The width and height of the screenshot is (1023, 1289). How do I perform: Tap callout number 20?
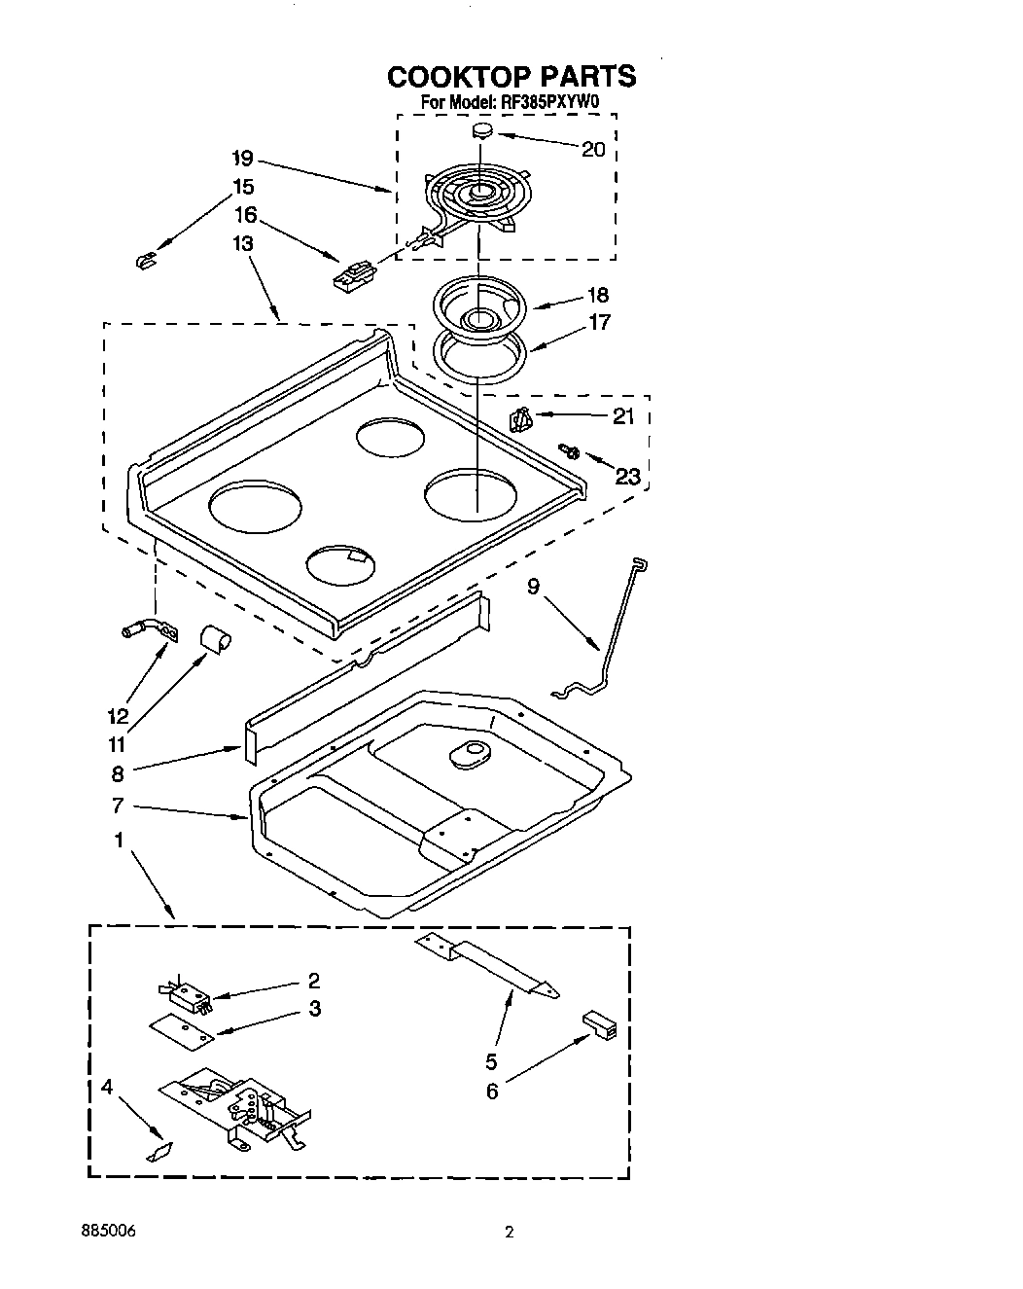[592, 149]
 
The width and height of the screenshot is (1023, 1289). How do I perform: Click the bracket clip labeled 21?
[521, 419]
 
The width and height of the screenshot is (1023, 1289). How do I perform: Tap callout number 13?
[242, 243]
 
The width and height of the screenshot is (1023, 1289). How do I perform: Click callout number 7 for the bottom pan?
[119, 806]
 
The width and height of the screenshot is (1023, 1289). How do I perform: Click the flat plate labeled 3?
[182, 1032]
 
